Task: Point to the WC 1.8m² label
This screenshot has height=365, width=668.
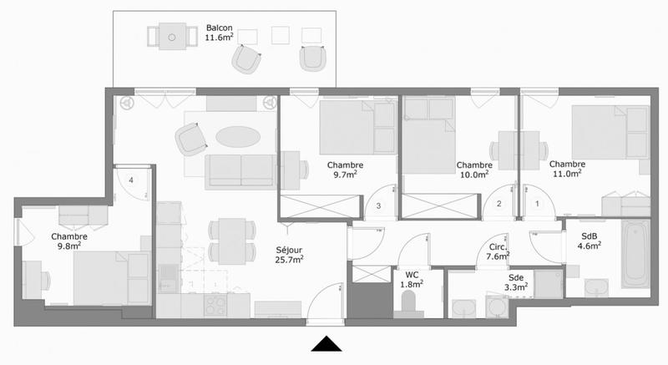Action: coord(411,280)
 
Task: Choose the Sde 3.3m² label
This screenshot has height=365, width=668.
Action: coord(516,282)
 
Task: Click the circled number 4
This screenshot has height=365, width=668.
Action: coord(132,180)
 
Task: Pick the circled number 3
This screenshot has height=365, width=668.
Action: coord(378,205)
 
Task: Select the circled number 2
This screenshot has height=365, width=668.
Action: coord(499,203)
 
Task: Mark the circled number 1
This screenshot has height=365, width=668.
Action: coord(537,203)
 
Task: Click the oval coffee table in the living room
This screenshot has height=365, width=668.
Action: coord(237,135)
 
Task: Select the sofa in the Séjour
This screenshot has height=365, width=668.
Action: coord(241,170)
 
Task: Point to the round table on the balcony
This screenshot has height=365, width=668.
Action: coord(171,38)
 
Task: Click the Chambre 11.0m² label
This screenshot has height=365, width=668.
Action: coord(567,170)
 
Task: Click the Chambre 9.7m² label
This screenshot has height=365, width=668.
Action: coord(343,170)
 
